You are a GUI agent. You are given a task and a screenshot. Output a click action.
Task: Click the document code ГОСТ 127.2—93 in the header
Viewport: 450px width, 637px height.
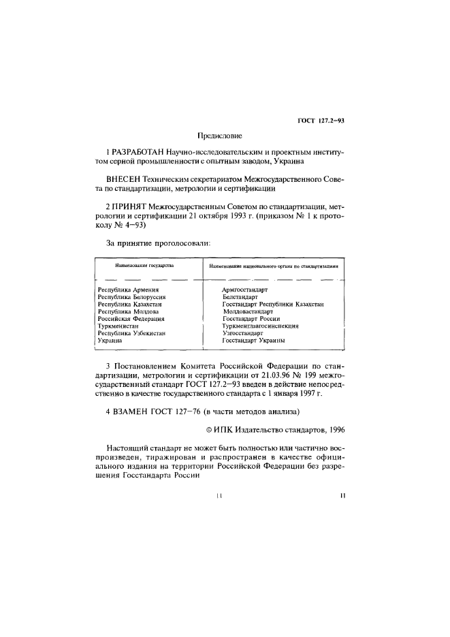click(x=321, y=121)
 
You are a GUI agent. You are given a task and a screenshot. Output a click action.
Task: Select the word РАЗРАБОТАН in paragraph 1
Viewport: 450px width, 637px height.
click(x=133, y=153)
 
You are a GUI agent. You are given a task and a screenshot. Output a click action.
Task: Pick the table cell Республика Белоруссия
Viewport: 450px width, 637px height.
click(x=132, y=298)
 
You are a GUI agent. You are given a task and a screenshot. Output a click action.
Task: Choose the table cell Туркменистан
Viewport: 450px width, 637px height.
click(x=118, y=326)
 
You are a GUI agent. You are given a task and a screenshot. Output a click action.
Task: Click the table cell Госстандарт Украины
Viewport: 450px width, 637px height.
click(x=253, y=341)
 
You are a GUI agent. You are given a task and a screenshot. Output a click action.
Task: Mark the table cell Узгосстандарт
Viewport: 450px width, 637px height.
click(x=242, y=333)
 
